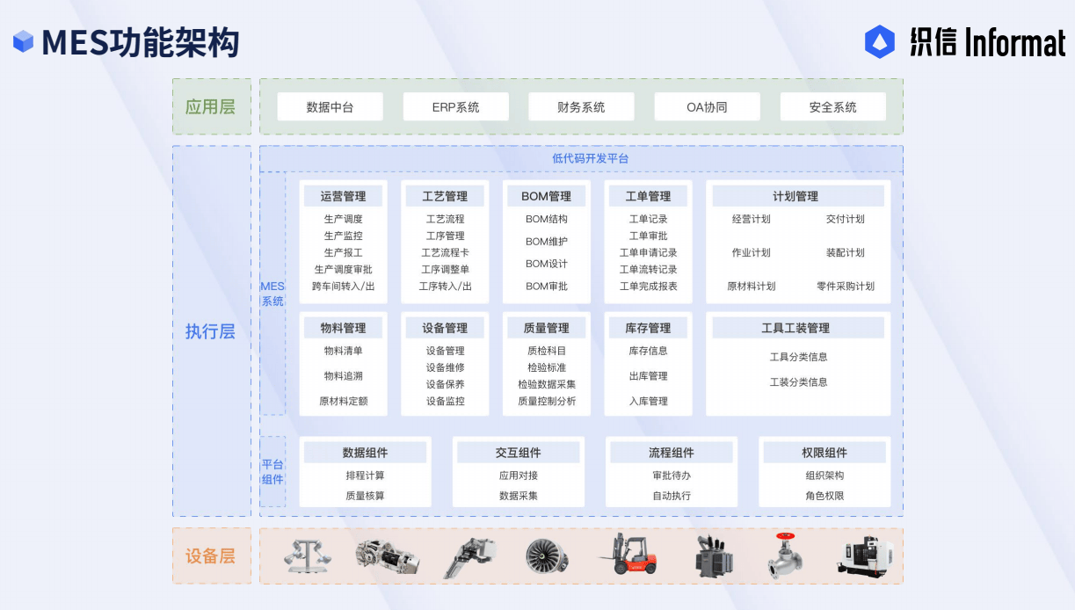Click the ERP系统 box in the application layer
pyautogui.click(x=455, y=107)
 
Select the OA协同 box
pyautogui.click(x=707, y=107)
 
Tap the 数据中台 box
pyautogui.click(x=330, y=107)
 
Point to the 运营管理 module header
pyautogui.click(x=343, y=196)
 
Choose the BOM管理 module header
pyautogui.click(x=546, y=196)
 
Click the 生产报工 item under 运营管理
pyautogui.click(x=343, y=252)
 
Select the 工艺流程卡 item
pyautogui.click(x=445, y=252)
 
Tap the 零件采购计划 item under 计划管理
pyautogui.click(x=845, y=286)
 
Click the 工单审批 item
pyautogui.click(x=648, y=236)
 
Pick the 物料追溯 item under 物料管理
pyautogui.click(x=343, y=376)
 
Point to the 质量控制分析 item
pyautogui.click(x=546, y=401)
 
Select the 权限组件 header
pyautogui.click(x=824, y=453)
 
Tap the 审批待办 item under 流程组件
pyautogui.click(x=671, y=476)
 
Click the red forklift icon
pyautogui.click(x=628, y=555)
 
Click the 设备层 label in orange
pyautogui.click(x=210, y=556)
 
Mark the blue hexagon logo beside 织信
pyautogui.click(x=879, y=41)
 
